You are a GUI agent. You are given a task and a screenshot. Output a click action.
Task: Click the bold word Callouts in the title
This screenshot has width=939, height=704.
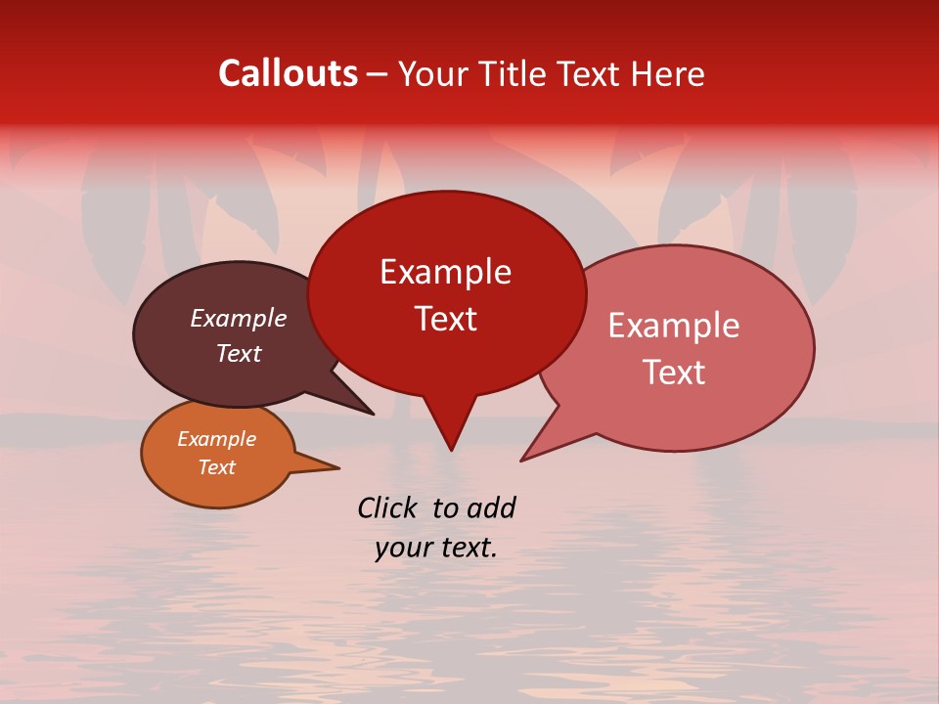pyautogui.click(x=288, y=73)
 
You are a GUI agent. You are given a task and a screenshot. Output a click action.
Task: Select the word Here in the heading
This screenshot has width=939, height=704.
pyautogui.click(x=668, y=73)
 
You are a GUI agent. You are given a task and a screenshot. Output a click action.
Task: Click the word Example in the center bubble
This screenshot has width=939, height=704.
pyautogui.click(x=445, y=272)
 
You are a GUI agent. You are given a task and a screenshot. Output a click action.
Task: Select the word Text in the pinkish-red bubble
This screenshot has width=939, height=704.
pyautogui.click(x=674, y=373)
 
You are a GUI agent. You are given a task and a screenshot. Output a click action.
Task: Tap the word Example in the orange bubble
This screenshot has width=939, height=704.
pyautogui.click(x=216, y=439)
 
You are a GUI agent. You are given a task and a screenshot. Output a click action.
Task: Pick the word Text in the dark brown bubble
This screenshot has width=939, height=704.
pyautogui.click(x=239, y=353)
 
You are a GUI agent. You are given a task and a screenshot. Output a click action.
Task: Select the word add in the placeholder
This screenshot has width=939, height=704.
pyautogui.click(x=491, y=507)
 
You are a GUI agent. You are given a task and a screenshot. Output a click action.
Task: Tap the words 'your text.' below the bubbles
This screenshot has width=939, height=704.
pyautogui.click(x=436, y=549)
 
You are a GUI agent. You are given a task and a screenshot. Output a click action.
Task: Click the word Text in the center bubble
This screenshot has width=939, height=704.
pyautogui.click(x=445, y=319)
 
